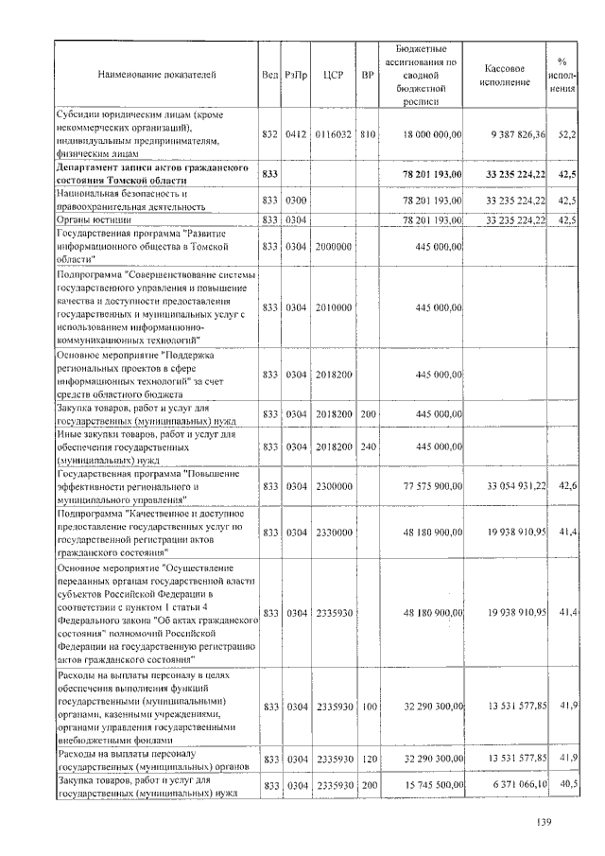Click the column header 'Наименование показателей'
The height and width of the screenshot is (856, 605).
point(157,74)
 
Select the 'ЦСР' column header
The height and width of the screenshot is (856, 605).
point(332,74)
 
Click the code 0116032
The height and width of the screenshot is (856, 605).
point(332,135)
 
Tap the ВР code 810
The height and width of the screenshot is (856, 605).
point(368,135)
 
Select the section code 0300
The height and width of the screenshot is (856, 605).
point(296,201)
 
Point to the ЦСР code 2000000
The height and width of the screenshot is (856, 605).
point(332,247)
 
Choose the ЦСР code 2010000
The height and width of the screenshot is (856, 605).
point(332,307)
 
